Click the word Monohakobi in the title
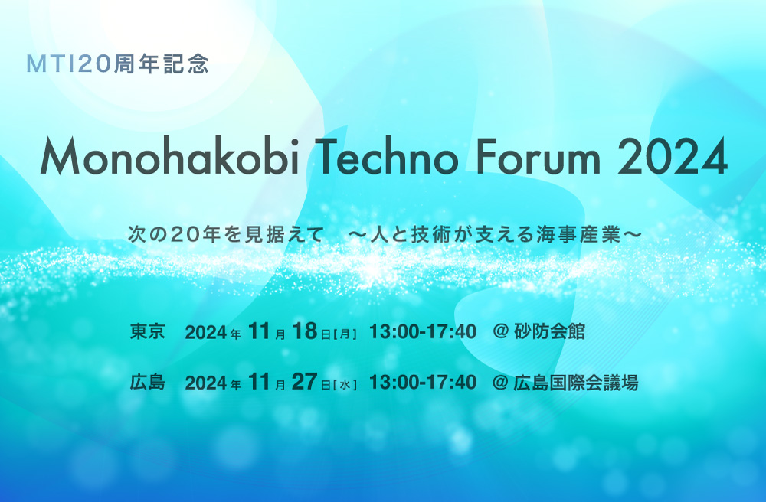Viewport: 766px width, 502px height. (169, 155)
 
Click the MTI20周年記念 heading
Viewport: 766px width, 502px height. (118, 64)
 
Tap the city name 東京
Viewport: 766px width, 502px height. (147, 331)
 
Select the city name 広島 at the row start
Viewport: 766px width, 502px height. (147, 382)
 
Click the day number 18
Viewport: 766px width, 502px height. (305, 331)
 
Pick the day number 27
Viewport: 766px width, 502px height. (305, 382)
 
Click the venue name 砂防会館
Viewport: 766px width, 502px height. (549, 331)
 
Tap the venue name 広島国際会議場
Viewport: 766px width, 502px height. (576, 383)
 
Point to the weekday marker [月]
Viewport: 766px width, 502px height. (345, 334)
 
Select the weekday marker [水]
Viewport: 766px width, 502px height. (345, 385)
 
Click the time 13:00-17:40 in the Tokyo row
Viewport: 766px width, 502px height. (423, 332)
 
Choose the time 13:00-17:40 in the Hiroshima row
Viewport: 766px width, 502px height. (423, 383)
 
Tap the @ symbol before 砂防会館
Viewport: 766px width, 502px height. (501, 332)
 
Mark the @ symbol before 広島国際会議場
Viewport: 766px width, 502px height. (501, 383)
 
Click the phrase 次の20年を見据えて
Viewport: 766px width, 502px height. (226, 235)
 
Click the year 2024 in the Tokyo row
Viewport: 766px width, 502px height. (206, 332)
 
